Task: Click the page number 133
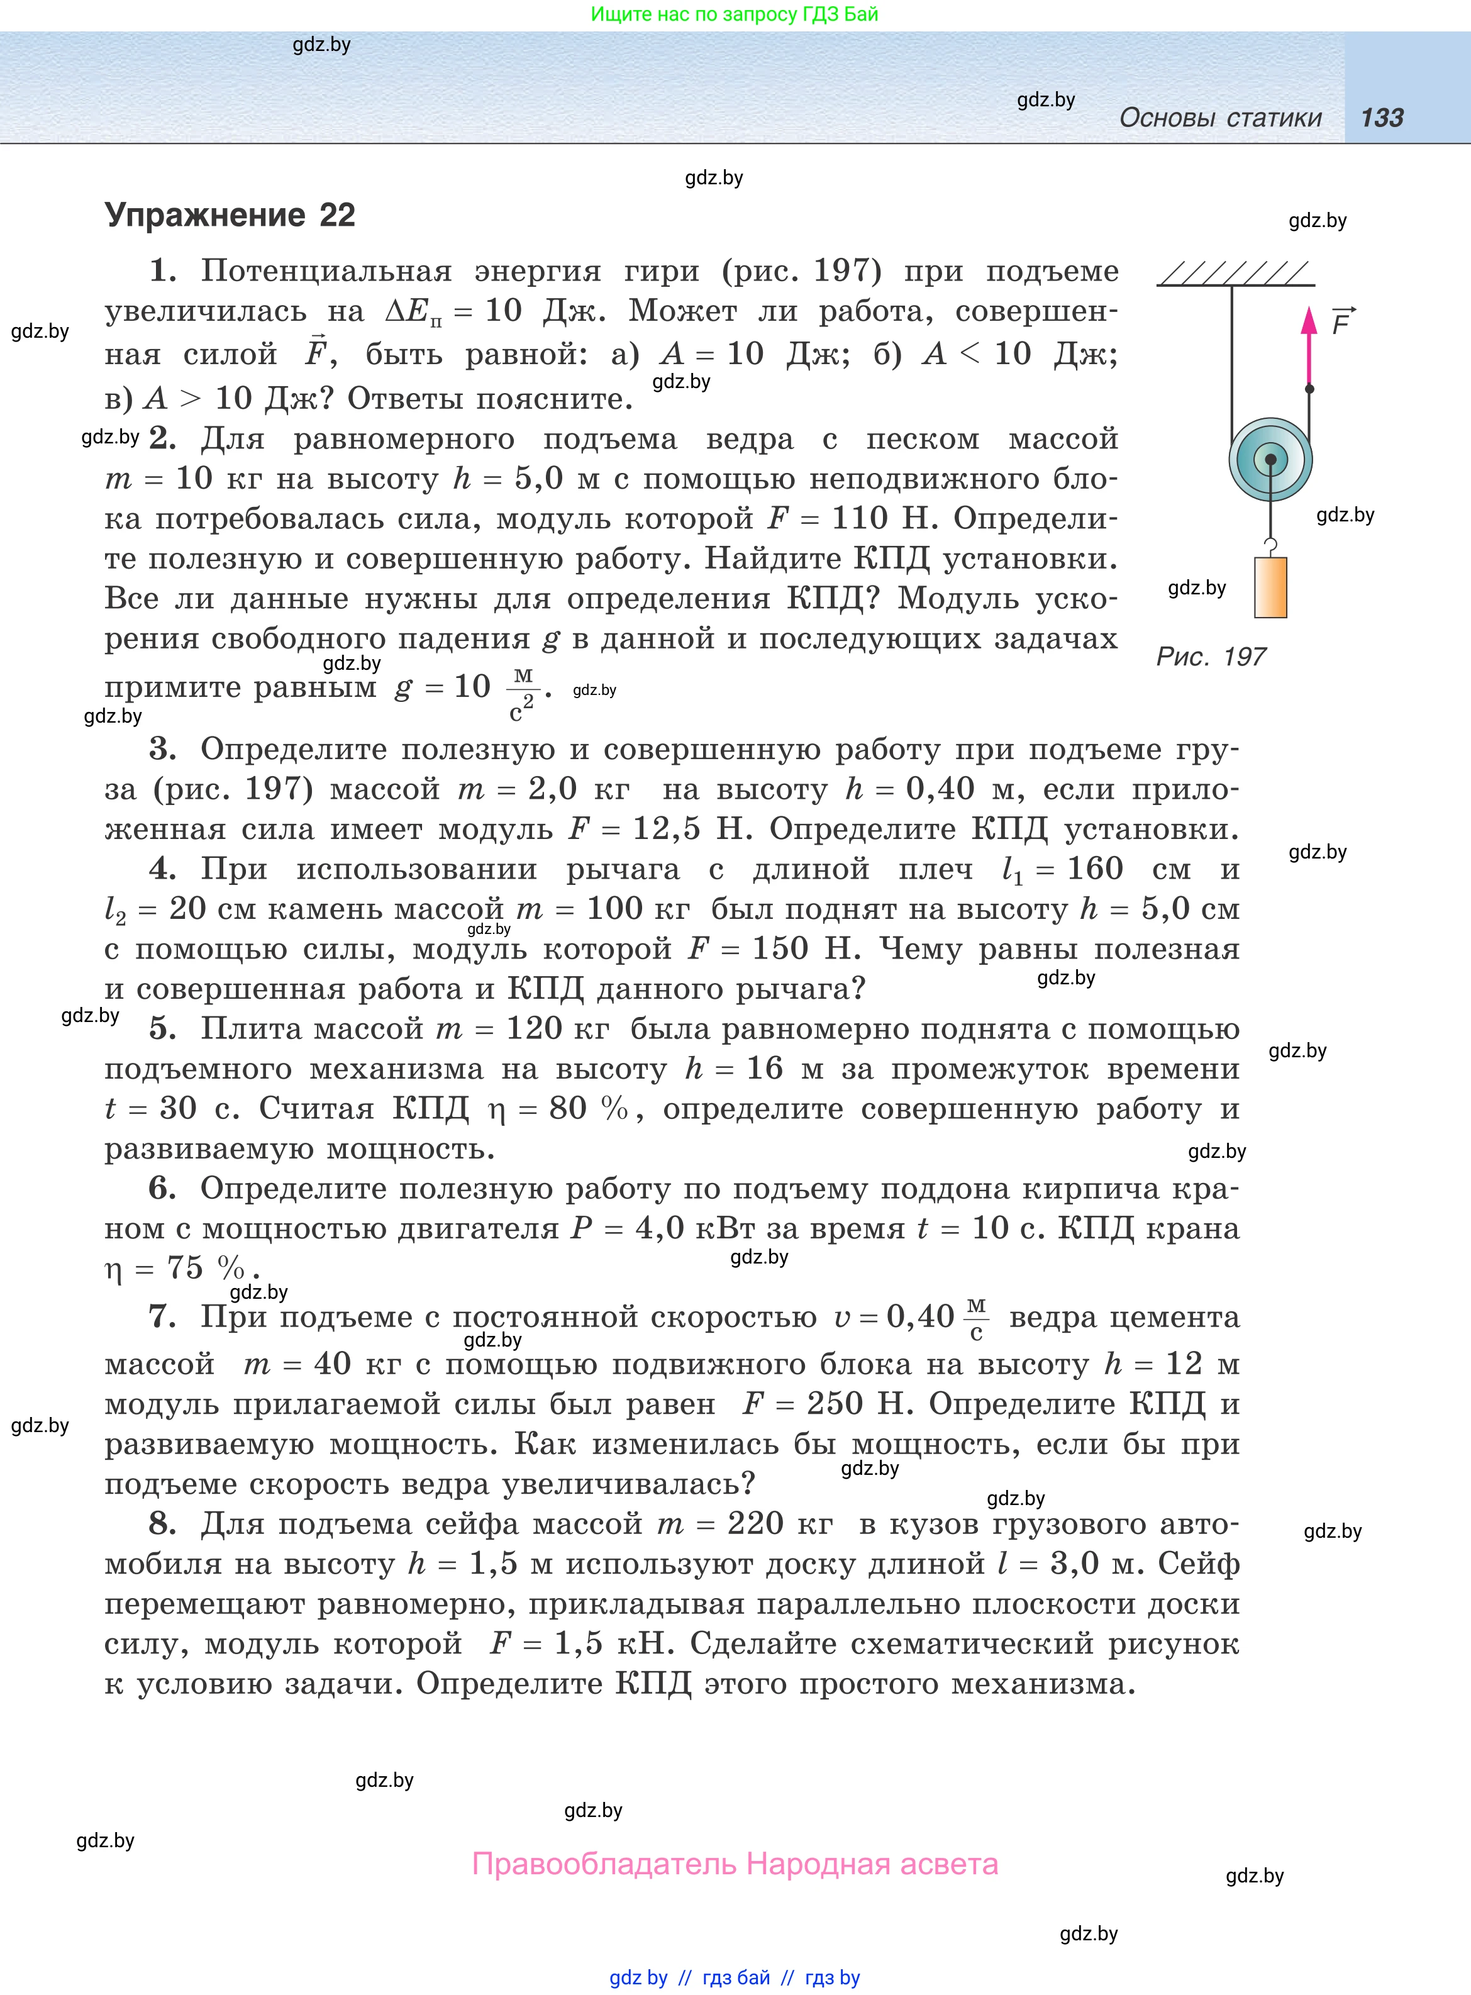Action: pyautogui.click(x=1382, y=118)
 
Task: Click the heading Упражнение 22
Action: pyautogui.click(x=230, y=216)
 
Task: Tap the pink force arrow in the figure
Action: pyautogui.click(x=1308, y=347)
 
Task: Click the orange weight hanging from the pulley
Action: pyautogui.click(x=1270, y=587)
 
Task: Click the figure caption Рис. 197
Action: pyautogui.click(x=1210, y=657)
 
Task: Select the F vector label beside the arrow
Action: pyautogui.click(x=1342, y=322)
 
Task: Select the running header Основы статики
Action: pyautogui.click(x=1220, y=118)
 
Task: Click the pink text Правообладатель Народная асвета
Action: pyautogui.click(x=735, y=1864)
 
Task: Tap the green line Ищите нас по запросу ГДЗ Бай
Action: pyautogui.click(x=735, y=14)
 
